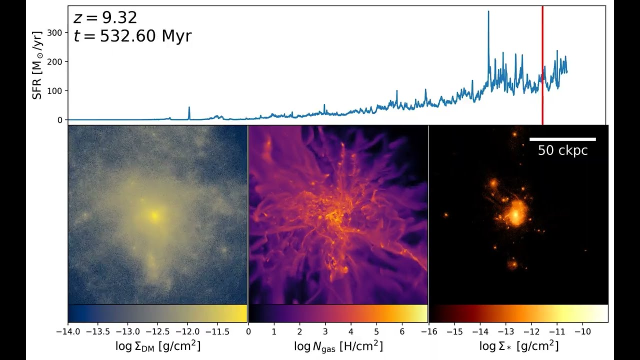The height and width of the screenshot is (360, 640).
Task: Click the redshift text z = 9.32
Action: click(105, 18)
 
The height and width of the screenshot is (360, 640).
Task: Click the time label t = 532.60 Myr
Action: click(132, 36)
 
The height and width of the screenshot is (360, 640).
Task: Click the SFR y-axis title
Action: click(37, 65)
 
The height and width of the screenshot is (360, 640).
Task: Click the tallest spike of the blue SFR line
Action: click(488, 12)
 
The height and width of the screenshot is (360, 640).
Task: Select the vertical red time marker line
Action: click(542, 65)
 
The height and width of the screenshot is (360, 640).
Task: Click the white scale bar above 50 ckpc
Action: click(562, 139)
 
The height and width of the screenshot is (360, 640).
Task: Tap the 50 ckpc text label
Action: click(562, 150)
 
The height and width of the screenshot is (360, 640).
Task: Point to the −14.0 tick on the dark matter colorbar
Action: click(68, 331)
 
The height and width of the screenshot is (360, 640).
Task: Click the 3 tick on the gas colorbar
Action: click(325, 331)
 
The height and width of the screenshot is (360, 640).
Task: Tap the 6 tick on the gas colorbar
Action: click(402, 331)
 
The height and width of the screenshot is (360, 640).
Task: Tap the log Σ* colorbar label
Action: click(518, 346)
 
